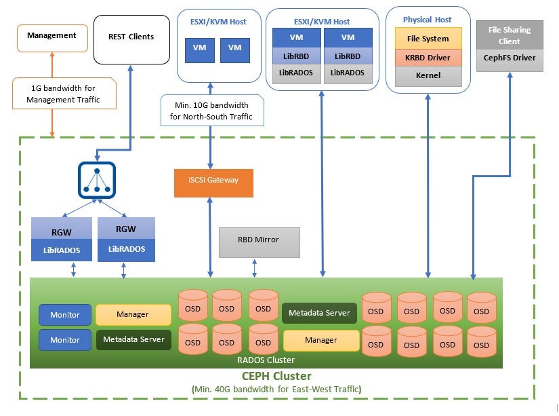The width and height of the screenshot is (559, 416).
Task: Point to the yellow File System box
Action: click(x=428, y=39)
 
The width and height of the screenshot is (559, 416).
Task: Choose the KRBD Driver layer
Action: click(x=428, y=57)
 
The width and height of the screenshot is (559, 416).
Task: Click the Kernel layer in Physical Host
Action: click(x=428, y=75)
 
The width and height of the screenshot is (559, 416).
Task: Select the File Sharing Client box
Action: click(x=509, y=35)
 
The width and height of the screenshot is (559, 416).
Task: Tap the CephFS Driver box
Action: click(x=509, y=58)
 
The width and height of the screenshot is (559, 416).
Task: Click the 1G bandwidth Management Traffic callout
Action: click(x=63, y=94)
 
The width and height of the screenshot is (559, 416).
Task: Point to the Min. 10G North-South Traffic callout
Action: click(x=211, y=110)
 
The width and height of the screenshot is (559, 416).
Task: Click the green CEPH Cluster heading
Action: click(x=276, y=376)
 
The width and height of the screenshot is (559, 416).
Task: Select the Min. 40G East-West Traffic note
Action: click(x=276, y=389)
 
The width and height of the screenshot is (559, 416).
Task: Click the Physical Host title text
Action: click(x=427, y=20)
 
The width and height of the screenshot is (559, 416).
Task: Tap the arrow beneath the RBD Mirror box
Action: click(x=255, y=267)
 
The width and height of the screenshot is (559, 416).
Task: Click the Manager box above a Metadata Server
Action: click(x=133, y=314)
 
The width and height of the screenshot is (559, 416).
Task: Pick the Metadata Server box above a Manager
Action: click(x=319, y=313)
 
